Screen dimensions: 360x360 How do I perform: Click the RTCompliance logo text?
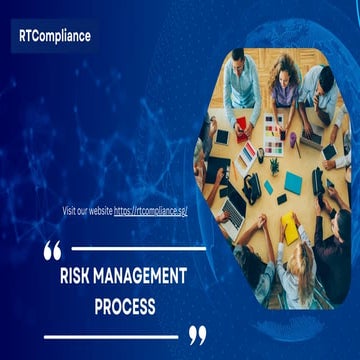pos(54,36)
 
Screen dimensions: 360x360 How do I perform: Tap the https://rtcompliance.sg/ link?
pos(150,211)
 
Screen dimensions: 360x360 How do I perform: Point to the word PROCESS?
pos(125,306)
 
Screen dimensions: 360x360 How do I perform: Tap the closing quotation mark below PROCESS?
pos(198,334)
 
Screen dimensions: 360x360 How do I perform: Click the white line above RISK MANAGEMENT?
pos(140,248)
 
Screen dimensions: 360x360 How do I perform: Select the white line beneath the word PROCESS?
pos(110,336)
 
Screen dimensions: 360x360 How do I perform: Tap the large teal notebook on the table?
pos(292,182)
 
